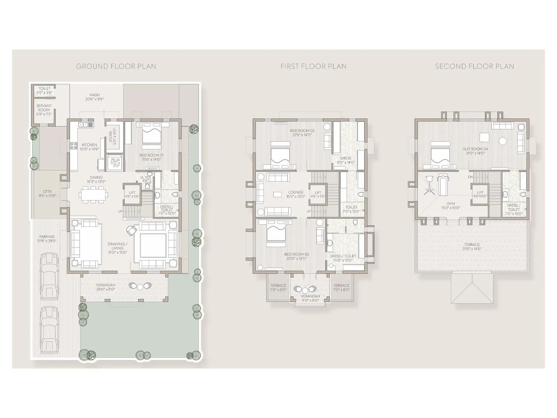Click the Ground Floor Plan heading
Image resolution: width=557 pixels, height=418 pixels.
click(x=116, y=66)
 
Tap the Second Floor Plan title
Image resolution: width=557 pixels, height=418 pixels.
click(x=474, y=66)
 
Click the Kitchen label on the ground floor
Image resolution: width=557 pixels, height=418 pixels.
click(x=89, y=145)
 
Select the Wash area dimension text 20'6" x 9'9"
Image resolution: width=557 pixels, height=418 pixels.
click(x=94, y=99)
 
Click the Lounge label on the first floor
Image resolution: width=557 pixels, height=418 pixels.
click(x=296, y=192)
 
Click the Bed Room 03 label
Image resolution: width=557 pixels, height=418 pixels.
click(x=296, y=254)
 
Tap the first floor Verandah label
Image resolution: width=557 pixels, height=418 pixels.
click(x=310, y=296)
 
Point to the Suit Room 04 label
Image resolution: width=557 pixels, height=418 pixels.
click(x=475, y=149)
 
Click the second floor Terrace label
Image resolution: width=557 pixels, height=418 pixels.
click(x=472, y=245)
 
